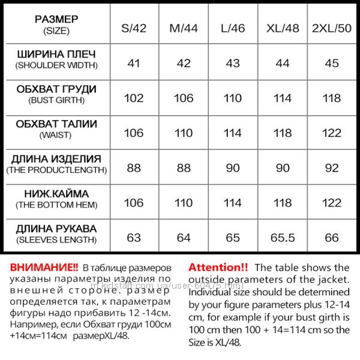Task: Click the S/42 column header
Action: [x=134, y=28]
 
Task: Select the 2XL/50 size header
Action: [x=332, y=28]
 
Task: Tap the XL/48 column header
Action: [x=283, y=28]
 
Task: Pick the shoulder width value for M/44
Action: [x=184, y=62]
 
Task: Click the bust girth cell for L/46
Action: [x=232, y=98]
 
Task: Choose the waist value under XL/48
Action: [x=283, y=133]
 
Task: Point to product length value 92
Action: [x=332, y=167]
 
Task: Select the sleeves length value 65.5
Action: [x=283, y=238]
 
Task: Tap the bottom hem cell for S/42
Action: [x=134, y=203]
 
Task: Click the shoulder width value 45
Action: [x=332, y=62]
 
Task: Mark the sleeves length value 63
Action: [x=134, y=238]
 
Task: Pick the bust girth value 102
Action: [x=134, y=98]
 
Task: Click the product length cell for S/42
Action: [x=134, y=167]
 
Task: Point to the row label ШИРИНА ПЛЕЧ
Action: [x=56, y=55]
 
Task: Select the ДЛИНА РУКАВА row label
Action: [x=56, y=229]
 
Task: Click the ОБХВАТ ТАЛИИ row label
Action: [x=56, y=124]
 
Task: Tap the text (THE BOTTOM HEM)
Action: [x=56, y=205]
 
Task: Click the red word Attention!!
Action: [x=218, y=267]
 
